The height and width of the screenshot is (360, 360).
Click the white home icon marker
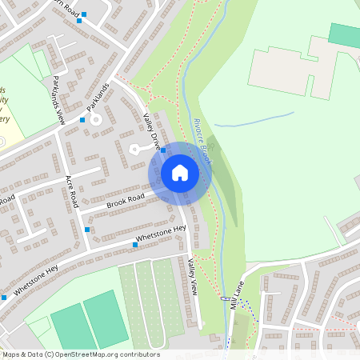click(x=180, y=173)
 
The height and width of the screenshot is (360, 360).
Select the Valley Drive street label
click(x=152, y=129)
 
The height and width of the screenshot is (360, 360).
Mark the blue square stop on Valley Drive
click(x=163, y=150)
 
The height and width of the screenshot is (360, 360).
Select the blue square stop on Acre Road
click(x=87, y=230)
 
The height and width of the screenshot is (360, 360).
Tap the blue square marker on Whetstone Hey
click(x=134, y=246)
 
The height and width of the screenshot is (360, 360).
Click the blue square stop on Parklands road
click(x=82, y=120)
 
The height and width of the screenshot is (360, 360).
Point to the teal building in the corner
click(x=344, y=34)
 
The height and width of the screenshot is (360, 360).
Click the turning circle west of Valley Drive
click(x=135, y=148)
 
